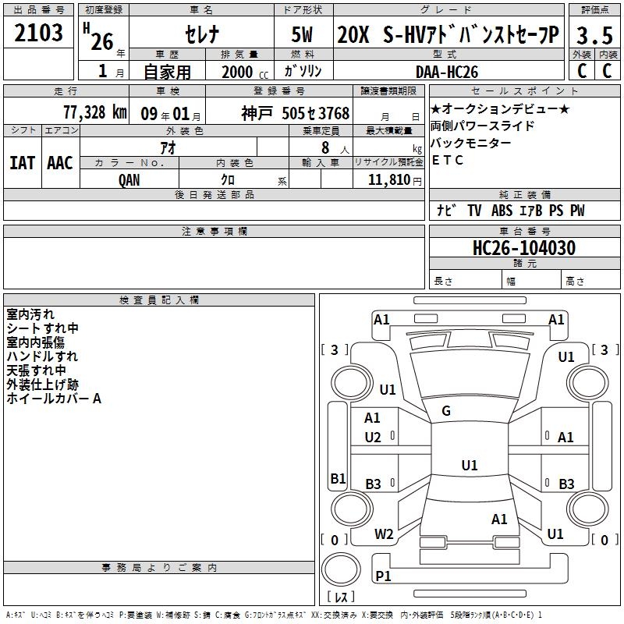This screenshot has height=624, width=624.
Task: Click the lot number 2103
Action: click(39, 33)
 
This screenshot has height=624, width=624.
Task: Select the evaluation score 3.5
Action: click(593, 36)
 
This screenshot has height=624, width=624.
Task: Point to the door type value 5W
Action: click(303, 36)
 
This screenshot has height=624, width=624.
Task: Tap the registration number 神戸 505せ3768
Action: click(296, 113)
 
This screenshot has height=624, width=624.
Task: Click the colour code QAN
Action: click(130, 179)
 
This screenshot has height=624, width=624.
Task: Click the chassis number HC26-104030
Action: click(524, 248)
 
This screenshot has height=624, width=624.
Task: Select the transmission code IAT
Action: click(23, 163)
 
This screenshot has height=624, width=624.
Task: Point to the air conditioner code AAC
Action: click(60, 163)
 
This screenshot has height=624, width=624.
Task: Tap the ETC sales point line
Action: click(448, 160)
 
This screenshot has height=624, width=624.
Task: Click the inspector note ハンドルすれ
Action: click(42, 356)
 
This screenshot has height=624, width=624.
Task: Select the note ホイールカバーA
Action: click(54, 399)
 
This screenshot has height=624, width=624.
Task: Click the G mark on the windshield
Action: click(445, 411)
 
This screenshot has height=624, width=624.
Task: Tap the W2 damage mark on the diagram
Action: click(384, 534)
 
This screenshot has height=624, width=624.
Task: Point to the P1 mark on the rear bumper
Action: click(383, 576)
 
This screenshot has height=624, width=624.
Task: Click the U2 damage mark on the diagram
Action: click(373, 437)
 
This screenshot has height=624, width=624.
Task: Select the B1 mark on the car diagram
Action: click(338, 478)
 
